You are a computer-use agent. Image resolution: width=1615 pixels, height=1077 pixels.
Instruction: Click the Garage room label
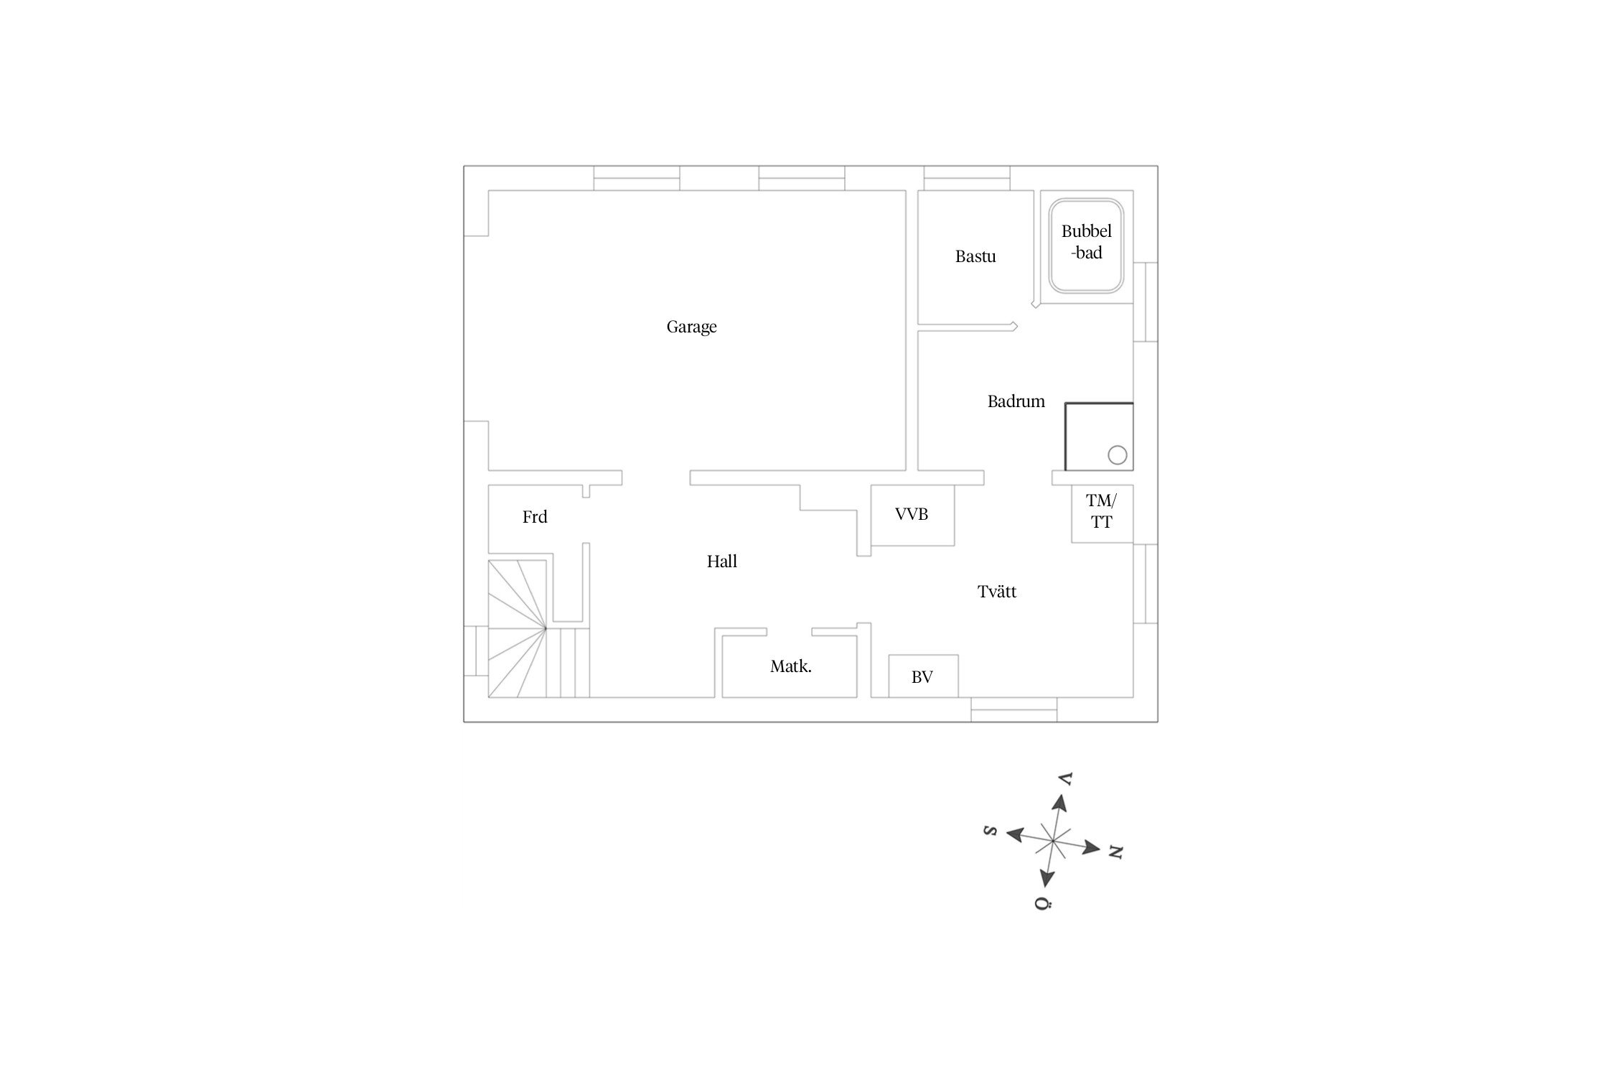coord(691,327)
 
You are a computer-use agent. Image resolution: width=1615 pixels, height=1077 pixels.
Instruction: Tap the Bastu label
coord(975,256)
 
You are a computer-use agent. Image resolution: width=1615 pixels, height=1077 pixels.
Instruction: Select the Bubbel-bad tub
coord(1086,245)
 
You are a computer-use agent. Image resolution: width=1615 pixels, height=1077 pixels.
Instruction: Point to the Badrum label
coord(1016,401)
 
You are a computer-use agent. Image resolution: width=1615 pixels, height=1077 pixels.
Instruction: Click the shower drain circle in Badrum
coord(1117,455)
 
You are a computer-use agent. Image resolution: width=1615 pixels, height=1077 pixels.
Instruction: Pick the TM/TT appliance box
coord(1102,513)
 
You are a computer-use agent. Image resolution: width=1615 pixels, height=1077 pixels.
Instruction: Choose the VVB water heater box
coord(912,515)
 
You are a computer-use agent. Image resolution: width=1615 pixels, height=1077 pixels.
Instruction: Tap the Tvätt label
coord(997,592)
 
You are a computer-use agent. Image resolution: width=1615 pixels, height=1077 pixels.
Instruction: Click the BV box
coord(923,676)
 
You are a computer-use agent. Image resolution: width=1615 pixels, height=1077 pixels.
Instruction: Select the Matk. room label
coord(791,666)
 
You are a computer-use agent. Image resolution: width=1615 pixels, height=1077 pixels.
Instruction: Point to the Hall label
coord(722,561)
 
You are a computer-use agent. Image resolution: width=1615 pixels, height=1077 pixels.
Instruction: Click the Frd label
coord(535,517)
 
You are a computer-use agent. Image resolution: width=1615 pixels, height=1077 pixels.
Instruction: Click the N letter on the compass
coord(1115,852)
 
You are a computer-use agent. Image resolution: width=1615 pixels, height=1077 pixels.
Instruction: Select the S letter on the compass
coord(991,831)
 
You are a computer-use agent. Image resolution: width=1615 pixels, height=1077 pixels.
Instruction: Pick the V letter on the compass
coord(1066,779)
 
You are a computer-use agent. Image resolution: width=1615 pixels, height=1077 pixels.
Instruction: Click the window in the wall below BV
coord(1014,709)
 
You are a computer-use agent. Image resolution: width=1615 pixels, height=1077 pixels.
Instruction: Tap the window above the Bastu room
coord(967,178)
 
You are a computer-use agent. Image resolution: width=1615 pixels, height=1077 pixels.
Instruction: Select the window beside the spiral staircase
coord(476,651)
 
